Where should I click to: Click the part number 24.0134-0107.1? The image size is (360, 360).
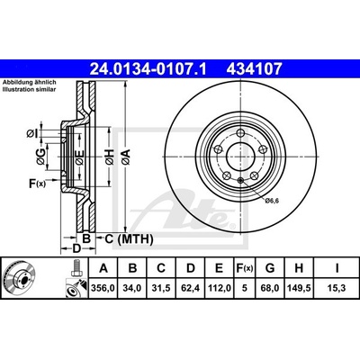click(148, 69)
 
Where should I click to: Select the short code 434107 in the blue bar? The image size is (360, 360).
click(254, 69)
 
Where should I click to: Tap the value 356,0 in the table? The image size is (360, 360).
click(103, 288)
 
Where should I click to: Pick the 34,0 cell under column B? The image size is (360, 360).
click(132, 288)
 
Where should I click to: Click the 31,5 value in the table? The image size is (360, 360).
click(161, 288)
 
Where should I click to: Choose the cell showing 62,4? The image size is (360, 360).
click(191, 288)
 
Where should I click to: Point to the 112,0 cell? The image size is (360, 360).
click(219, 288)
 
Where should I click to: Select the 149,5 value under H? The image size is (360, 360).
click(299, 288)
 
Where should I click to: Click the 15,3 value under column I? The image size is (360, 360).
click(337, 288)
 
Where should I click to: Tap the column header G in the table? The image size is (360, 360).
click(270, 268)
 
